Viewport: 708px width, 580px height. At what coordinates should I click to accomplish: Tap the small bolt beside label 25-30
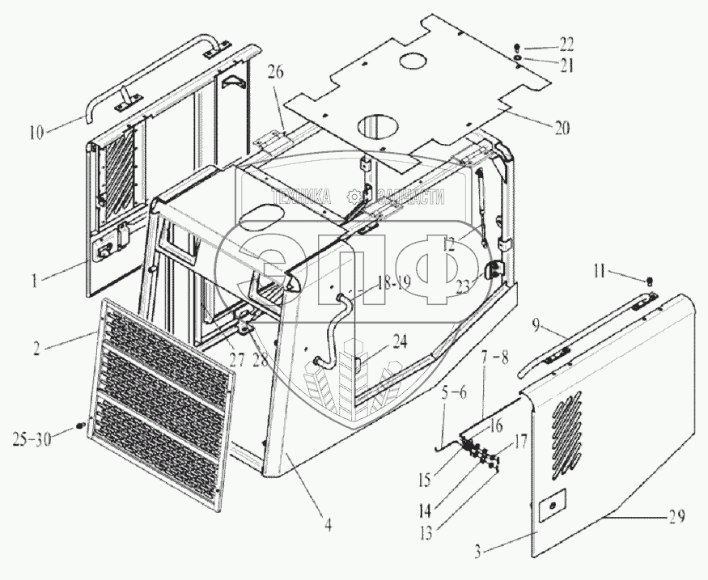(80, 425)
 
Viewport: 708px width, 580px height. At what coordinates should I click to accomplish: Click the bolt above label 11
(651, 282)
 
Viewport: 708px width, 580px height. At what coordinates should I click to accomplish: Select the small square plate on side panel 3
(550, 506)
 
